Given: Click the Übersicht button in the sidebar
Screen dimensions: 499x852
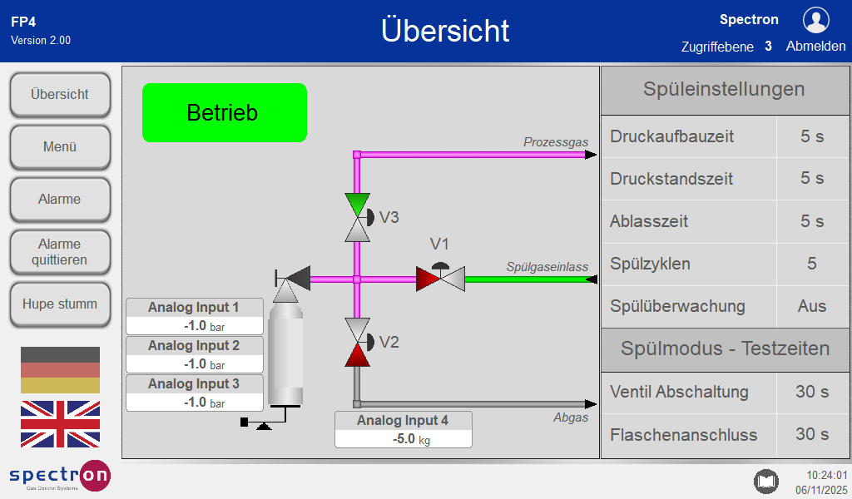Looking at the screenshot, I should click(60, 95).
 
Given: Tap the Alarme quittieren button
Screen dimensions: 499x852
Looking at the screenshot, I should click(60, 252).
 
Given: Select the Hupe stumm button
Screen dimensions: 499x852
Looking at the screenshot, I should click(60, 304).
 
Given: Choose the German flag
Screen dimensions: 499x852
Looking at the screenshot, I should click(60, 370).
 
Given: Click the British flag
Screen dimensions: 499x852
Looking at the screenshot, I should click(60, 423).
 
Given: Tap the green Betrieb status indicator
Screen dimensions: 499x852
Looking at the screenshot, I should click(225, 112).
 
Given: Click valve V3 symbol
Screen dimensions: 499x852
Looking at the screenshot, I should click(357, 217).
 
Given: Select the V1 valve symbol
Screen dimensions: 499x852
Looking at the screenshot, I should click(440, 279).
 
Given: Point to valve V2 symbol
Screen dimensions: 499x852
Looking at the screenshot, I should click(357, 342).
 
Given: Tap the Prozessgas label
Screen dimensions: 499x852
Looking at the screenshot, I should click(555, 142).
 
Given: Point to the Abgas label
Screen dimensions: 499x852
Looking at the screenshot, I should click(571, 417).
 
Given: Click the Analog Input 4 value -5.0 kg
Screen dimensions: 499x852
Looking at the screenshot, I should click(404, 439).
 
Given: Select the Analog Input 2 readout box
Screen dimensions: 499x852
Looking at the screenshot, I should click(195, 354).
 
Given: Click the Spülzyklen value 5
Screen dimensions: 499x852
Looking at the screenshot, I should click(812, 264).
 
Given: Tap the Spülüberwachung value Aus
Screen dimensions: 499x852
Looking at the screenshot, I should click(812, 306).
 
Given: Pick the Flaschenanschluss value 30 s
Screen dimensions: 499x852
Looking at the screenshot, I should click(812, 434).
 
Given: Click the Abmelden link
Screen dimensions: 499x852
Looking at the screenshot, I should click(815, 47).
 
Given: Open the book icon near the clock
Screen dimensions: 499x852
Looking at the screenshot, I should click(765, 481).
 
